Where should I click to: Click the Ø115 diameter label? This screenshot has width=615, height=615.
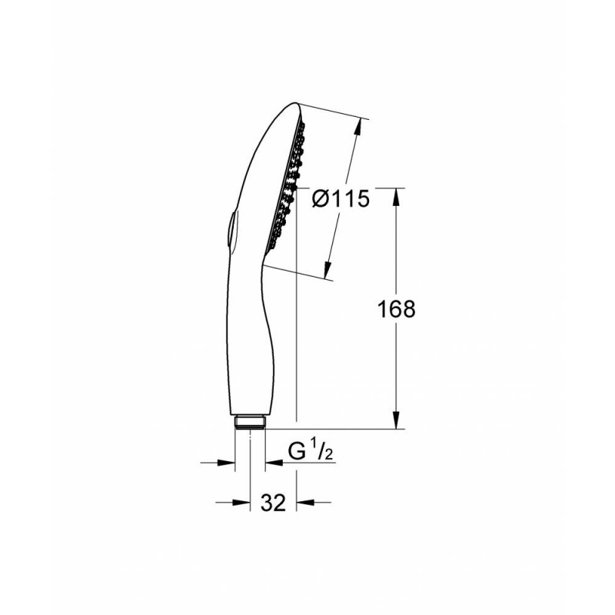[x=341, y=198]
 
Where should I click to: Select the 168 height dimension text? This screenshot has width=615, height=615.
[x=396, y=309]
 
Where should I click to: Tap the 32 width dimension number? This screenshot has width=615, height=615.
[x=274, y=503]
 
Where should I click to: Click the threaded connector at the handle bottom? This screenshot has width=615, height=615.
[x=251, y=421]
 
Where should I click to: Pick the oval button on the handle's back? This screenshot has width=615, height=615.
[x=230, y=230]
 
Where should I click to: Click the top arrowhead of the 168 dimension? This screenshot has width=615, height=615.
[x=397, y=197]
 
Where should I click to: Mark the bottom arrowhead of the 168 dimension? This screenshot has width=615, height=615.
[x=397, y=420]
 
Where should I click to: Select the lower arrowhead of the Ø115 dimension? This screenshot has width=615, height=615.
[x=327, y=270]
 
